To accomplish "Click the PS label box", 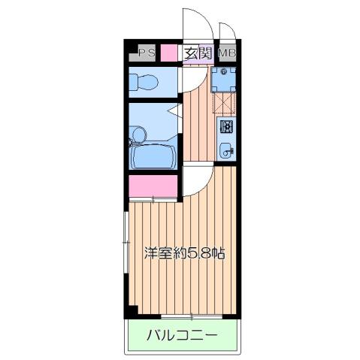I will click(146, 53).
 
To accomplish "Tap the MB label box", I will click(226, 53).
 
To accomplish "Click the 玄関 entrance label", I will click(198, 53).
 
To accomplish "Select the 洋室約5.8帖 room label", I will click(184, 253).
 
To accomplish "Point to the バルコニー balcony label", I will click(181, 334).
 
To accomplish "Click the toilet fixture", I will click(147, 80).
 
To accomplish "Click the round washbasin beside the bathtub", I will click(138, 134).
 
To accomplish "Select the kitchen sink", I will click(226, 150).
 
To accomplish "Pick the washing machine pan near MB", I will click(224, 77).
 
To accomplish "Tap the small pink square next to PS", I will click(168, 53).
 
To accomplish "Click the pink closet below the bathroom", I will click(153, 185).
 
